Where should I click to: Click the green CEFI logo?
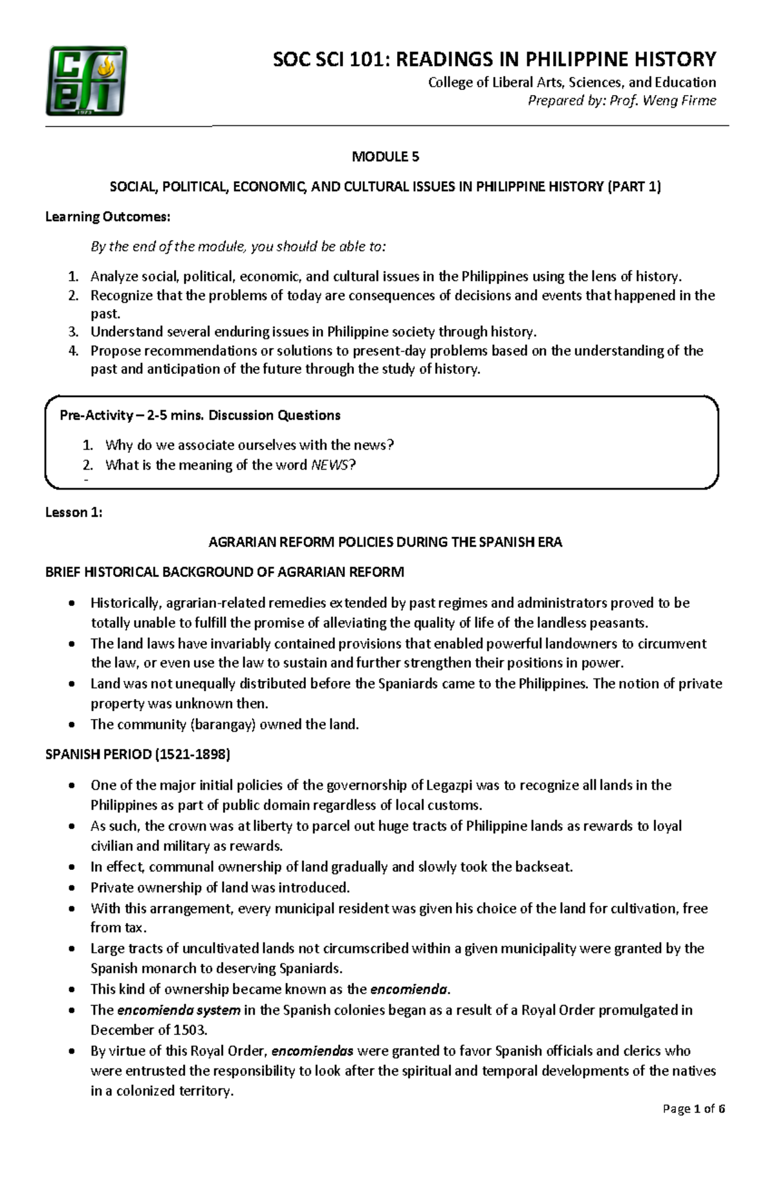(x=85, y=81)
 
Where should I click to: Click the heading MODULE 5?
(x=385, y=157)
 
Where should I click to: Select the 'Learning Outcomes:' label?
(x=107, y=217)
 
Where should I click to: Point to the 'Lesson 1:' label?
(x=73, y=512)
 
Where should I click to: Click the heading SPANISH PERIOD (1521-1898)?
(x=137, y=754)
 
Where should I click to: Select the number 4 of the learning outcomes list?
(x=73, y=351)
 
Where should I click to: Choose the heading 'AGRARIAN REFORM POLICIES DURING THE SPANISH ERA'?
(x=385, y=542)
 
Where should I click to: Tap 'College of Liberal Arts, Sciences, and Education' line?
(x=571, y=82)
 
